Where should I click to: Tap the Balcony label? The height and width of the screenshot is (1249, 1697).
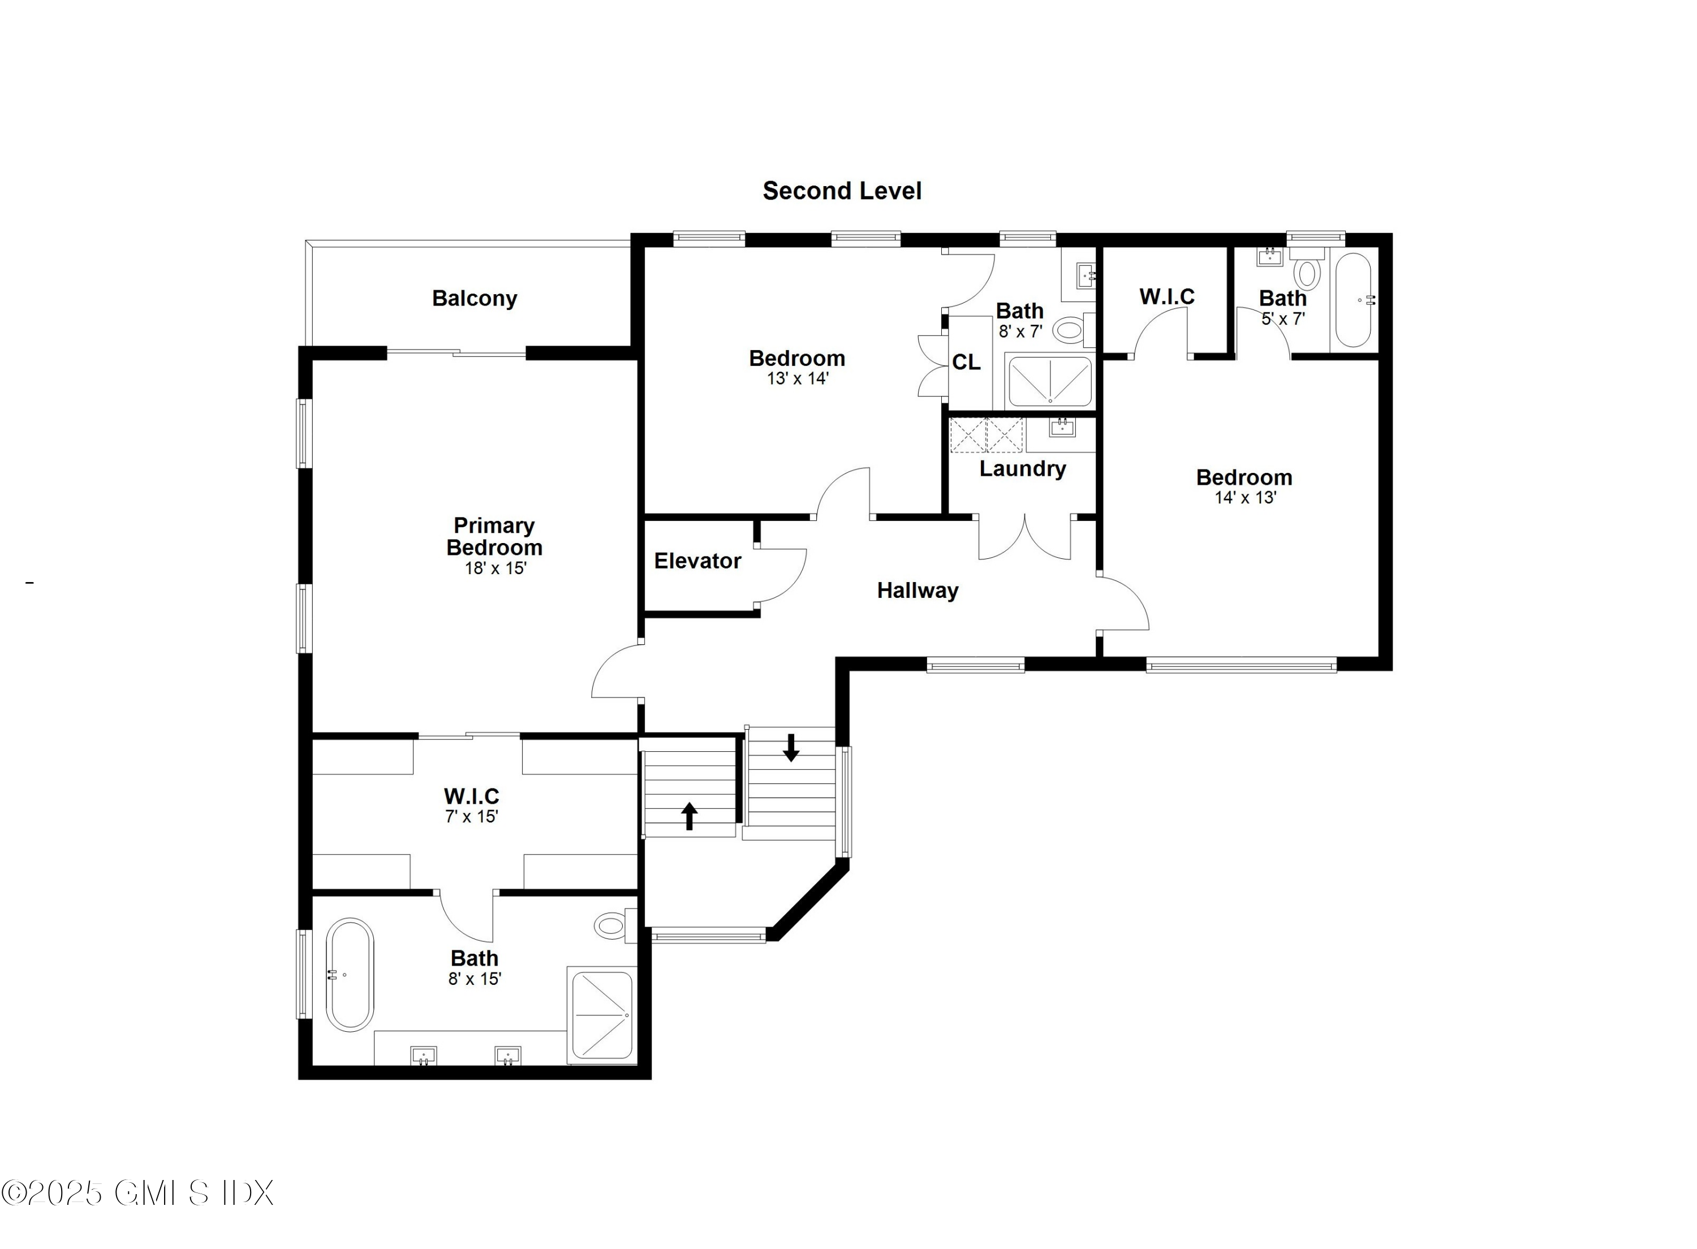474,298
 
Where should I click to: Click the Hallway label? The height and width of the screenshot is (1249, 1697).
917,590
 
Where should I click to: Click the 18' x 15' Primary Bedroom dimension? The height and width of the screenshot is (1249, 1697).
495,568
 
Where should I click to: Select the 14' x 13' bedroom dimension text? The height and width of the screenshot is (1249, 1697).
1245,497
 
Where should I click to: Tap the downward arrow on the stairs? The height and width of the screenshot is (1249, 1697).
791,747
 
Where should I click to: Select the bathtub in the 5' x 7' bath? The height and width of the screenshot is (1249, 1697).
1353,300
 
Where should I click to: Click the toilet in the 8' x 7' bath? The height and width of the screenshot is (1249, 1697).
1070,330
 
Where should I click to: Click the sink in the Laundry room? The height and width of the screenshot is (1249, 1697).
1061,429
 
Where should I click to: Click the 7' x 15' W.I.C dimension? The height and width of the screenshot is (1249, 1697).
471,816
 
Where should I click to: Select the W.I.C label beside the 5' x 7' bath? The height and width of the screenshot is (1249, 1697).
1166,296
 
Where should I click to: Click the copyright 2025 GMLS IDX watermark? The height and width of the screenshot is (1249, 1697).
137,1193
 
